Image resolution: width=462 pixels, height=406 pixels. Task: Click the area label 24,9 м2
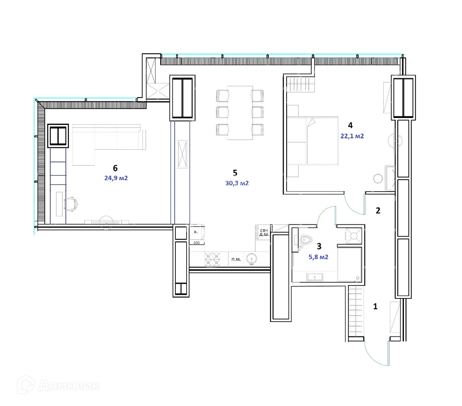tap(116, 178)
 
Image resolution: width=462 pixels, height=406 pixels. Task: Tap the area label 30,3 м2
tap(237, 183)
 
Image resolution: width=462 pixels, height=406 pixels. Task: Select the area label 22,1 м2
tap(352, 136)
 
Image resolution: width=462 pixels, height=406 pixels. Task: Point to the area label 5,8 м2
tap(318, 257)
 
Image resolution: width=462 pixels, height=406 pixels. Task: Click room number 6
tap(115, 168)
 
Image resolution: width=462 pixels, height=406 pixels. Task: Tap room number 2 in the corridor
tap(378, 211)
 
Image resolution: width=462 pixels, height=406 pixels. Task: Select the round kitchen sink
tap(252, 259)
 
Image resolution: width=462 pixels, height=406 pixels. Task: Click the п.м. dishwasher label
tap(236, 259)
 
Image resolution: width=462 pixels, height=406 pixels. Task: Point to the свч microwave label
tap(264, 231)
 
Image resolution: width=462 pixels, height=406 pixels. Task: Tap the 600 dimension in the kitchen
tap(197, 243)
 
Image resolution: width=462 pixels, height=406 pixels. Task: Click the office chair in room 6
tap(71, 204)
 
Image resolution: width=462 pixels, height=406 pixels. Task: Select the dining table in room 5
tap(240, 113)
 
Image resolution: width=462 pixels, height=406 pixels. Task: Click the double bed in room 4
tap(313, 140)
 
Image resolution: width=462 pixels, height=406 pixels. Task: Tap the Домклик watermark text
tap(69, 386)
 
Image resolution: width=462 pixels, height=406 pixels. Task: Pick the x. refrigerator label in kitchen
tap(196, 232)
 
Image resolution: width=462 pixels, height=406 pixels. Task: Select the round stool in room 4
tap(378, 179)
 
